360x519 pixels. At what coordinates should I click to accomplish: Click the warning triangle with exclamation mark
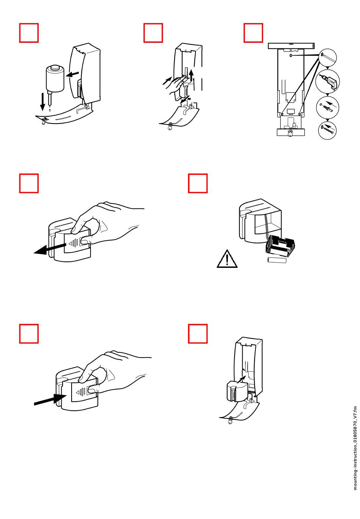(x=227, y=259)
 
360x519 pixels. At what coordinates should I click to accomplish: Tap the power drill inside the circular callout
(x=328, y=81)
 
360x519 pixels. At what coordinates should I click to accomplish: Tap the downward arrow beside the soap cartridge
(x=42, y=102)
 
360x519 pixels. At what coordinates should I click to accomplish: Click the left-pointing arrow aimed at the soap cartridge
(x=72, y=74)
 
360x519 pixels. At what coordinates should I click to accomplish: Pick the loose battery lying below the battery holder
(x=277, y=260)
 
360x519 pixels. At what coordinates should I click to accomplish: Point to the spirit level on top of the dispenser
(x=291, y=45)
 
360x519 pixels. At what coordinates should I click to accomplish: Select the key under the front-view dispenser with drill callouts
(x=290, y=134)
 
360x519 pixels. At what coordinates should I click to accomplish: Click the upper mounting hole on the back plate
(x=291, y=55)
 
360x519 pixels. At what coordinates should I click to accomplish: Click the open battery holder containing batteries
(x=280, y=248)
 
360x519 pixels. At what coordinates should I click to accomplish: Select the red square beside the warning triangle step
(x=198, y=183)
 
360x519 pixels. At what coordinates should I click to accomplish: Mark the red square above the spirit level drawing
(x=253, y=33)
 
